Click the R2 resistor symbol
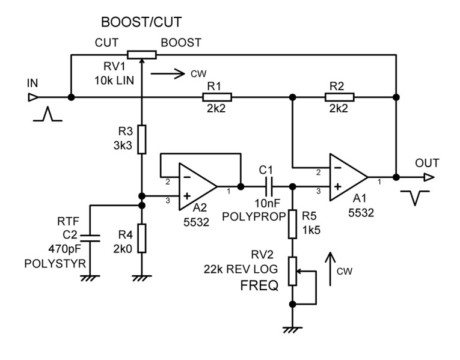point(340,97)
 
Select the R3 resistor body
point(141,139)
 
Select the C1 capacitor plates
point(267,186)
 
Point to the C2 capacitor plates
point(90,237)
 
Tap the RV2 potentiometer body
point(292,270)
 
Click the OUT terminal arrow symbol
point(428,177)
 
